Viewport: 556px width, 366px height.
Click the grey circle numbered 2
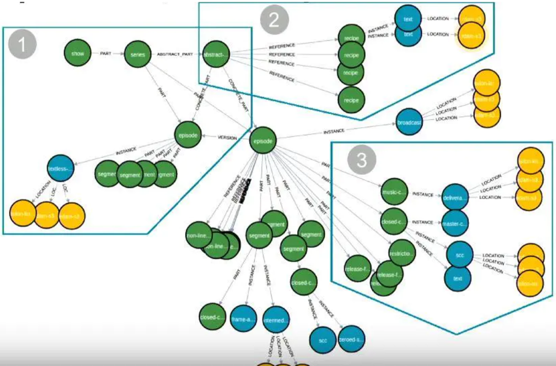point(274,20)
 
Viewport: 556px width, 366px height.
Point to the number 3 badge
point(362,160)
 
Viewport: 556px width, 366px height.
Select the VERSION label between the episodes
point(227,138)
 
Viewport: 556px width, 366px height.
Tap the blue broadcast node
point(410,123)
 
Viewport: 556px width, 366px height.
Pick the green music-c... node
point(394,192)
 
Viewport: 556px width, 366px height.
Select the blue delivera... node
point(456,197)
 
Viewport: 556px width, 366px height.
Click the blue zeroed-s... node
point(352,339)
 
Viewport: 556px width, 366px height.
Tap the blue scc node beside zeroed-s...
point(323,341)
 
